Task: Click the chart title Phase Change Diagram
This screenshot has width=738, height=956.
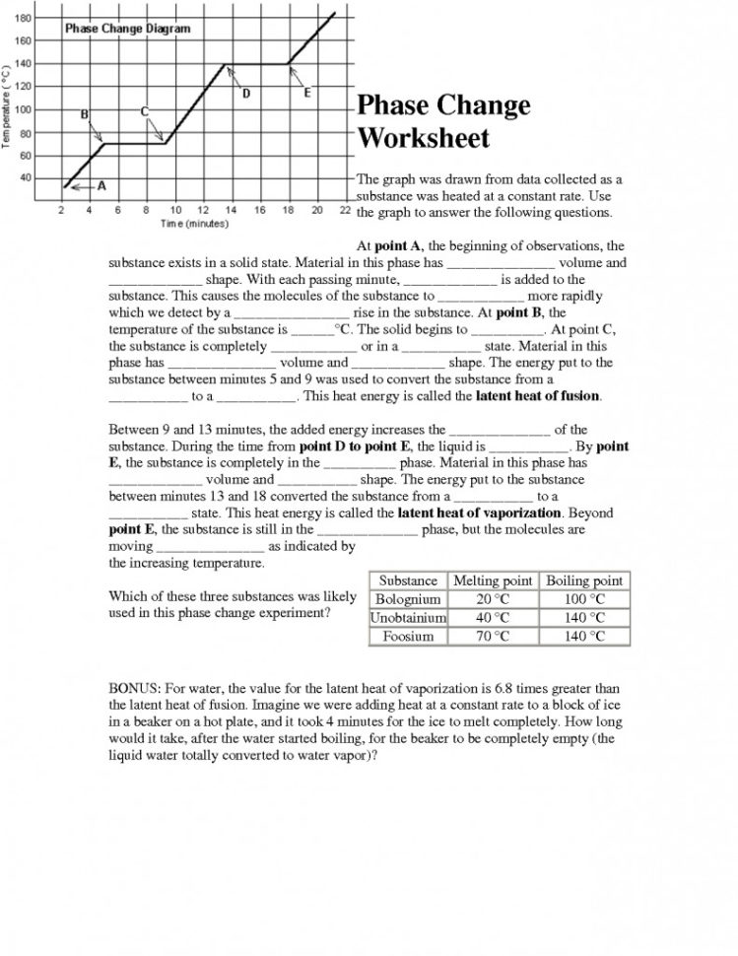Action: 127,29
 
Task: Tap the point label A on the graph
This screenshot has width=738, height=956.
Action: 101,185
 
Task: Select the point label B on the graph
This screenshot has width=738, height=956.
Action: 85,114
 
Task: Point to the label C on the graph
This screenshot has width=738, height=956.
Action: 145,111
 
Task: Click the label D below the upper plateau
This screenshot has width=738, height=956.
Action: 246,95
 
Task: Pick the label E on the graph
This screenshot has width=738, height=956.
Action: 307,94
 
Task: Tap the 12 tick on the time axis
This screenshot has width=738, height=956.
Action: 203,210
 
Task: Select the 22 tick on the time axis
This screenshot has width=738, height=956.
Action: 345,210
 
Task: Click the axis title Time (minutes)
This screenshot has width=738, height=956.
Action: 194,224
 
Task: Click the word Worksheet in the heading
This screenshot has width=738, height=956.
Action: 423,137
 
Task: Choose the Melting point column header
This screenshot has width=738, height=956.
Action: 493,580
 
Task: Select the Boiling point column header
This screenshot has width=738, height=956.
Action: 584,580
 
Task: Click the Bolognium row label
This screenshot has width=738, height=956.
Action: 408,599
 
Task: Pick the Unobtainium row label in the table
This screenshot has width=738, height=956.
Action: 408,618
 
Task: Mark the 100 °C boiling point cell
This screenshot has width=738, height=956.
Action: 584,599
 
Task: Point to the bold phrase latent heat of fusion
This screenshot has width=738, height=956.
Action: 538,396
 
